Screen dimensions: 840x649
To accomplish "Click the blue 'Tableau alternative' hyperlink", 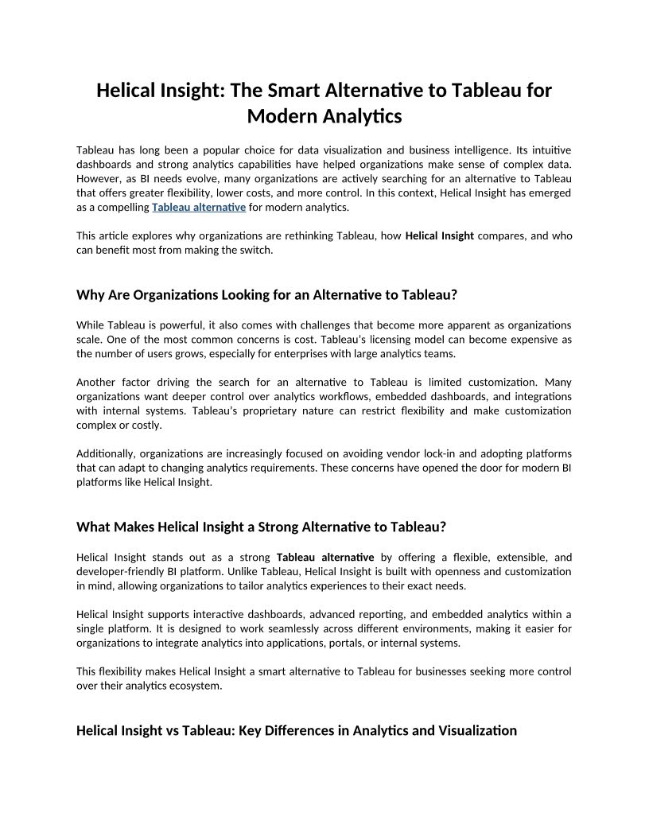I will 198,208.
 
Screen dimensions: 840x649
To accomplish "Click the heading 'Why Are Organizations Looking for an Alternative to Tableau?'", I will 266,294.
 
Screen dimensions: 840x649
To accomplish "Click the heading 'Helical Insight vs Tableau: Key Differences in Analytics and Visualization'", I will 296,730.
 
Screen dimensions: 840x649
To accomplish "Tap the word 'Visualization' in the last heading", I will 477,730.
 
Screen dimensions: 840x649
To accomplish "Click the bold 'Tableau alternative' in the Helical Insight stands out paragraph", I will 324,558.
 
